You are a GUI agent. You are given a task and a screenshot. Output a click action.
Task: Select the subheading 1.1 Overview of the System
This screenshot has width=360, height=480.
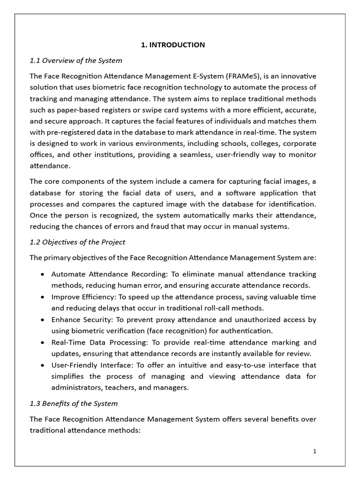(x=76, y=60)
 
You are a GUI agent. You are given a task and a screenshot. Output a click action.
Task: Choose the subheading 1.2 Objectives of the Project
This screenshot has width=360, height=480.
(x=77, y=242)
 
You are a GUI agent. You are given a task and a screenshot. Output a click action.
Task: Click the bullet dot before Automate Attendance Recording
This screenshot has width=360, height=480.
(x=43, y=274)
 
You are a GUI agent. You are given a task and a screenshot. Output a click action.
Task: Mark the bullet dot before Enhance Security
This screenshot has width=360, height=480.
(x=43, y=320)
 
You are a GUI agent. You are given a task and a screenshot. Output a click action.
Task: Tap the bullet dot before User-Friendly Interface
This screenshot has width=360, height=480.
(x=43, y=365)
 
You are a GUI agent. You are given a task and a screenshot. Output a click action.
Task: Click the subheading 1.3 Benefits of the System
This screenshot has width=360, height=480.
(x=74, y=404)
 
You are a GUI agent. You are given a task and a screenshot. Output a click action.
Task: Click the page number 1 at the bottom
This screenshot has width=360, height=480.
(x=315, y=451)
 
